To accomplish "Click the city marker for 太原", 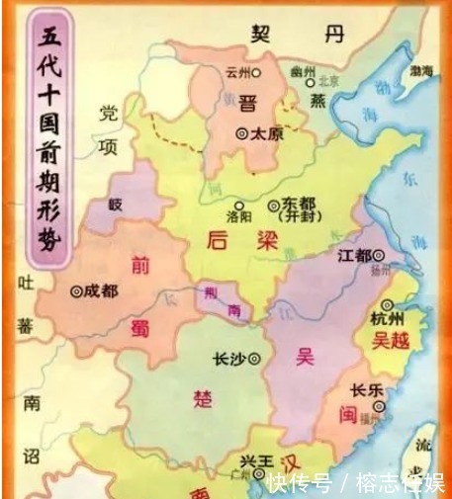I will pyautogui.click(x=240, y=132).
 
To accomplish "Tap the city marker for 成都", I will pyautogui.click(x=77, y=291).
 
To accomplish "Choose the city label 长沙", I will pyautogui.click(x=232, y=359).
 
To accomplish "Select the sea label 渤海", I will pyautogui.click(x=421, y=71).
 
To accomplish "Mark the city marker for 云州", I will pyautogui.click(x=256, y=72).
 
